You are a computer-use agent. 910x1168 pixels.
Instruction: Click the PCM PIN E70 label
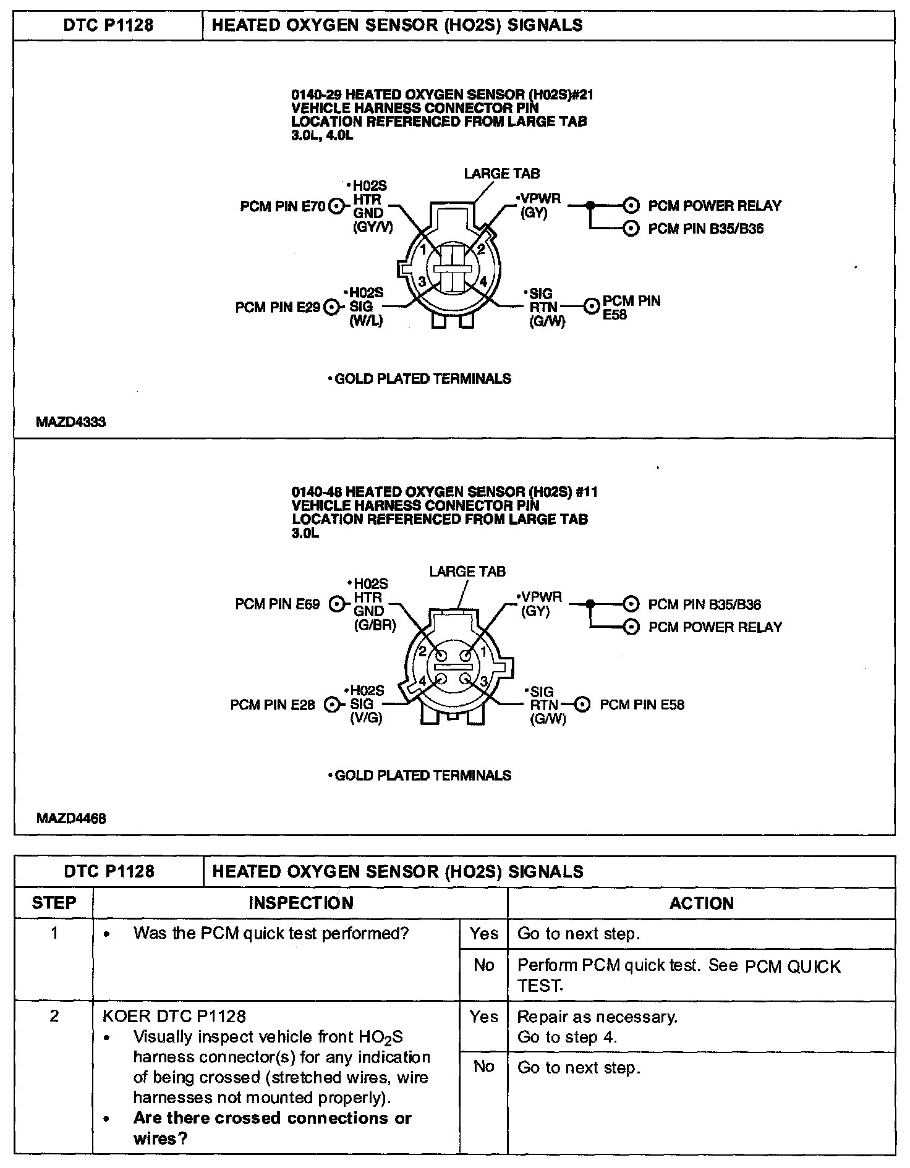click(x=283, y=206)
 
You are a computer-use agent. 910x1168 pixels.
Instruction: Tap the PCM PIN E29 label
click(x=278, y=307)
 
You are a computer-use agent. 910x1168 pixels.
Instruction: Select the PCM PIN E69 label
click(x=278, y=604)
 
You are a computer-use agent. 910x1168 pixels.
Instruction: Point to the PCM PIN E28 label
click(x=273, y=705)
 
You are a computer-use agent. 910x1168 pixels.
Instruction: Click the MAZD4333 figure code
click(x=71, y=422)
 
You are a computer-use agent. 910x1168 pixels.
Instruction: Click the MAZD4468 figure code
click(x=71, y=818)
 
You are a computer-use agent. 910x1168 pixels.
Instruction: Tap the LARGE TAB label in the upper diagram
click(x=502, y=174)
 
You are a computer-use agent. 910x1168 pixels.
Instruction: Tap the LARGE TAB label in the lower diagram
click(x=467, y=572)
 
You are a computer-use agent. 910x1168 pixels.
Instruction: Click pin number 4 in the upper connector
click(x=483, y=282)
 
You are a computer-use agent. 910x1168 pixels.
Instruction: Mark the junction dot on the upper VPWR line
click(x=591, y=205)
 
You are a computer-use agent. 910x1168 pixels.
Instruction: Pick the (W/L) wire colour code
click(x=366, y=321)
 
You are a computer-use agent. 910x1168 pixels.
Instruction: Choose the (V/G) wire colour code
click(x=366, y=719)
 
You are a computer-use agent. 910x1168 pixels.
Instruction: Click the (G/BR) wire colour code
click(x=375, y=625)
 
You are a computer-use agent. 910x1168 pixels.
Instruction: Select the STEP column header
click(x=54, y=903)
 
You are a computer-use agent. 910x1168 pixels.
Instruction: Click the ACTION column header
click(x=702, y=903)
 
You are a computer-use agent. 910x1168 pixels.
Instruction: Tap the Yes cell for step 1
click(x=484, y=934)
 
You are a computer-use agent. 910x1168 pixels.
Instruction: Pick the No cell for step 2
click(x=484, y=1067)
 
